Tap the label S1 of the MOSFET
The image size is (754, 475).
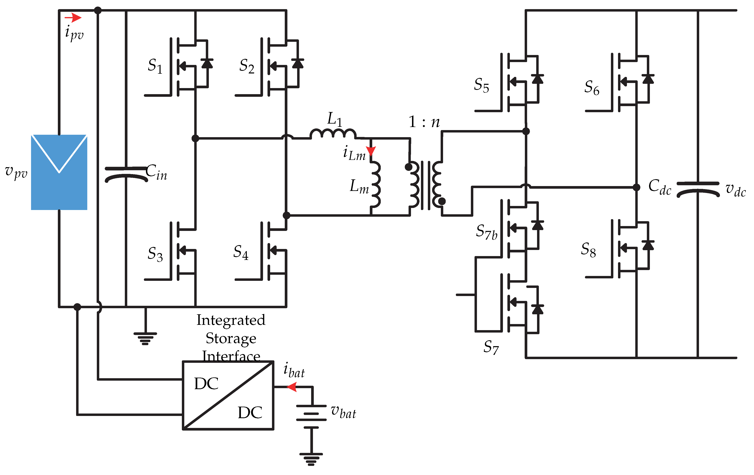coord(155,66)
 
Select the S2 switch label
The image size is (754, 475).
coord(247,66)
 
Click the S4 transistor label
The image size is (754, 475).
coord(241,252)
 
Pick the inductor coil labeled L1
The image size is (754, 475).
coord(333,134)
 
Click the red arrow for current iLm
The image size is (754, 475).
coord(371,151)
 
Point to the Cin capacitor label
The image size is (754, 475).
coord(156,172)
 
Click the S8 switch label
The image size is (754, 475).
coord(588,250)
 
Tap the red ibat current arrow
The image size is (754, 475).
coord(292,387)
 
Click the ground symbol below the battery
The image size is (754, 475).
coord(311,459)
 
